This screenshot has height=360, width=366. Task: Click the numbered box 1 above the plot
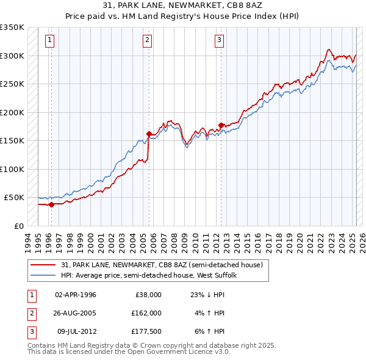[x=49, y=41]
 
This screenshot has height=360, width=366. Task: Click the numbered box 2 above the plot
[x=148, y=41]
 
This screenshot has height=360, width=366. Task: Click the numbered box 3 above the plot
[x=219, y=41]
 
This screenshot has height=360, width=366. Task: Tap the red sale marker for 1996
[x=51, y=204]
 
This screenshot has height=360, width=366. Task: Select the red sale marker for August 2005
[x=149, y=134]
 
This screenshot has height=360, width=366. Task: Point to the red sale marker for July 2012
[x=221, y=125]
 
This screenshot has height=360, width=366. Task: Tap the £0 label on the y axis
[x=18, y=226]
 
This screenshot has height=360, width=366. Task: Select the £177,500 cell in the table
[x=146, y=331]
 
